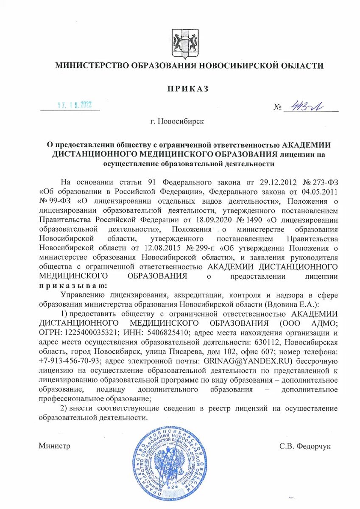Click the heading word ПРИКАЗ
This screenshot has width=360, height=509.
click(x=188, y=89)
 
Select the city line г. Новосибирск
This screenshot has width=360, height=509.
click(x=177, y=121)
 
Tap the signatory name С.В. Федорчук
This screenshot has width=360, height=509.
click(x=305, y=446)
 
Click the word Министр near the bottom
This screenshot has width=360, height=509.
click(x=54, y=446)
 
